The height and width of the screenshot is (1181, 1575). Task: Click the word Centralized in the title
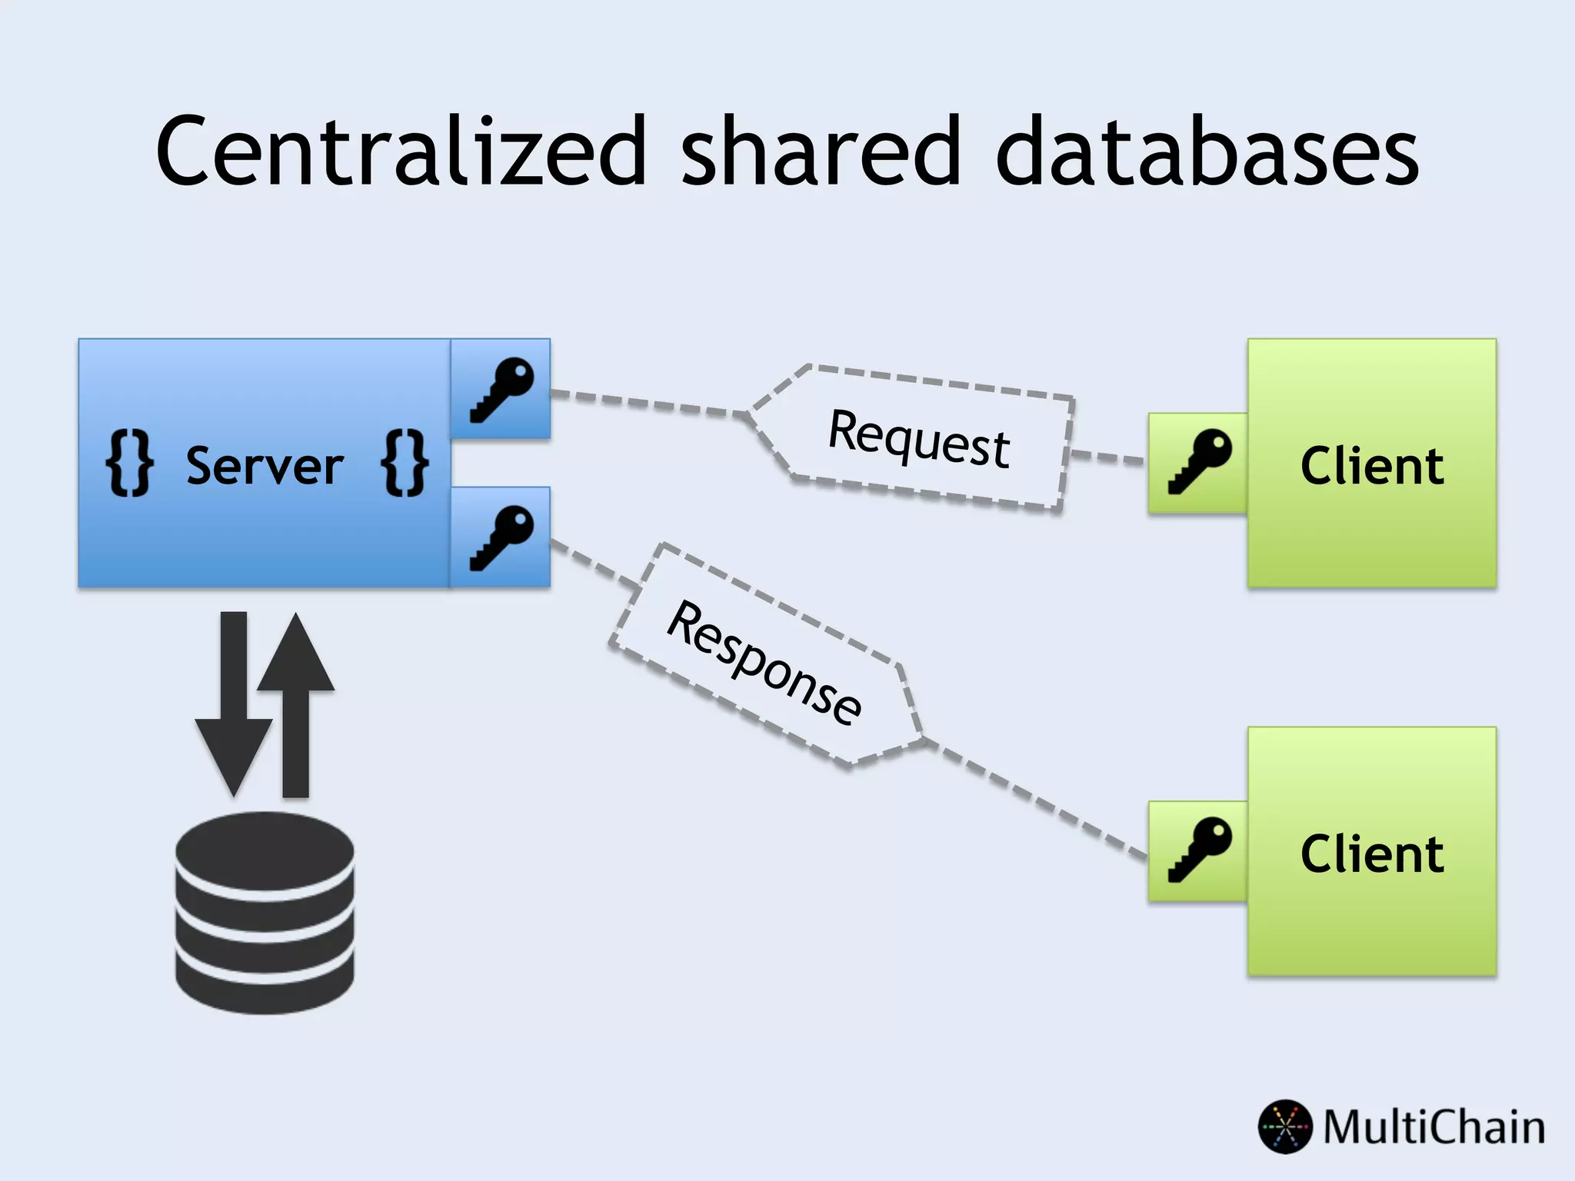[x=400, y=151]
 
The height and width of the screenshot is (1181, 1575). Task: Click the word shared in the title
[x=821, y=151]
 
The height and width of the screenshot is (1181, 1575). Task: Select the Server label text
[x=265, y=466]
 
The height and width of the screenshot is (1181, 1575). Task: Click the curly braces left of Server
[x=129, y=463]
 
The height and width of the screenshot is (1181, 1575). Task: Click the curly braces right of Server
[x=405, y=463]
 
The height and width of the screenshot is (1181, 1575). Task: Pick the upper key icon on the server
[x=501, y=389]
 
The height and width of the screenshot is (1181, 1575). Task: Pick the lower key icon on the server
[x=501, y=537]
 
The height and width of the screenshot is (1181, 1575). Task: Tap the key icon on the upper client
[x=1199, y=462]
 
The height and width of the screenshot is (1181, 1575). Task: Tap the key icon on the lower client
[x=1199, y=850]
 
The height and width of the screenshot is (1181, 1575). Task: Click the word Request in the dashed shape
[x=919, y=438]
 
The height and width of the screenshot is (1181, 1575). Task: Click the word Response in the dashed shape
[x=764, y=662]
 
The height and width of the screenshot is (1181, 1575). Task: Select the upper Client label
[x=1372, y=466]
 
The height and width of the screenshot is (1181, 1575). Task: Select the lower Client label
[x=1372, y=853]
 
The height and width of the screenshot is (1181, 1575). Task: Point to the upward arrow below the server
[x=296, y=692]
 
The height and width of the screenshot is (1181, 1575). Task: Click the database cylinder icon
[x=265, y=913]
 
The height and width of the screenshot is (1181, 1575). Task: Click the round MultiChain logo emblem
[x=1284, y=1127]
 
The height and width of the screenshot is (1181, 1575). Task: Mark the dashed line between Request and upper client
[x=1107, y=457]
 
